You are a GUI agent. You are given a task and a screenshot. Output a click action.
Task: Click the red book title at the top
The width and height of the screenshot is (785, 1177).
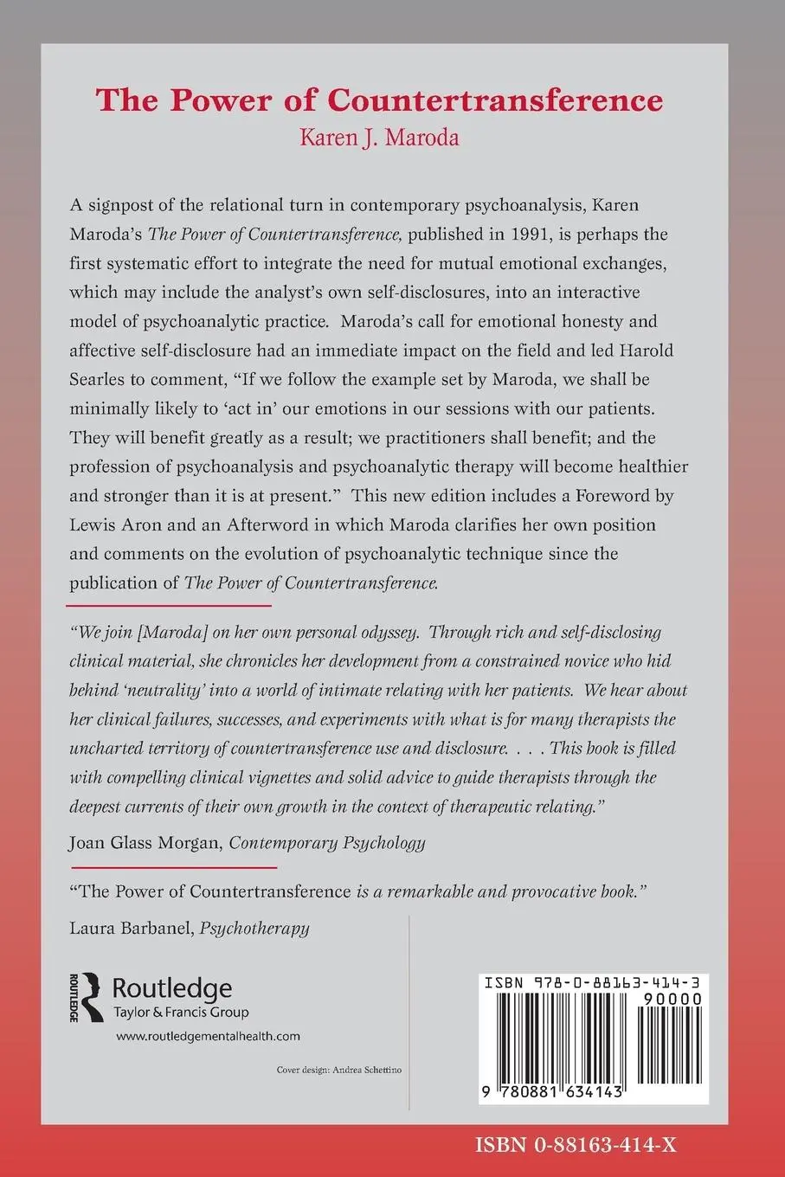pos(379,100)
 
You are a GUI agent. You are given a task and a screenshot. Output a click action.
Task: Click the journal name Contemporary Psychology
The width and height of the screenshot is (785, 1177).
pos(327,842)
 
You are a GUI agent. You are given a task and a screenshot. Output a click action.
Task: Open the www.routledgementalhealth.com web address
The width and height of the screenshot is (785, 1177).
pos(208,1036)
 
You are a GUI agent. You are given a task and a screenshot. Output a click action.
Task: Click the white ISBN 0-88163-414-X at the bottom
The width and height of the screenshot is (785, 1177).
pos(575,1145)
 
